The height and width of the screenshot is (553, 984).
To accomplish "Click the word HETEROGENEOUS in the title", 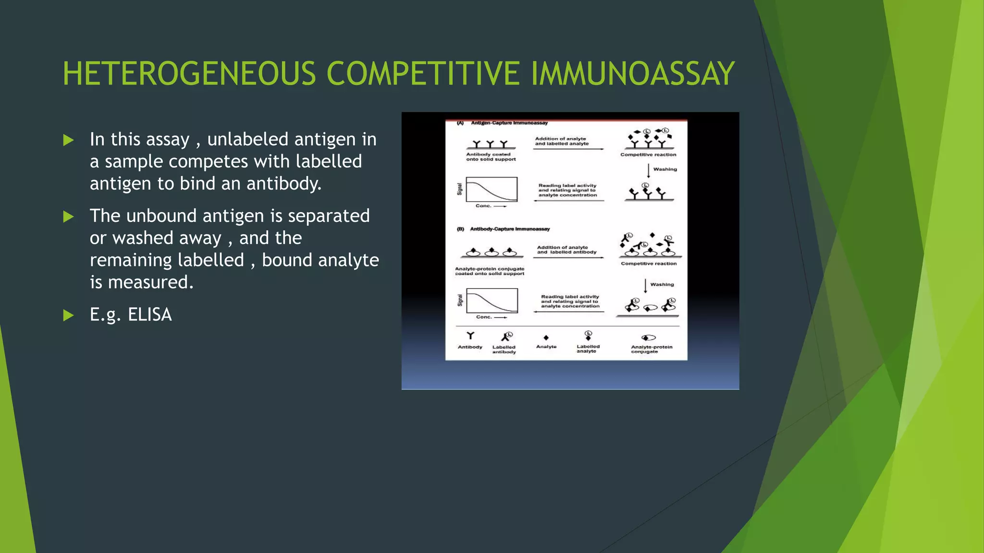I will tap(189, 74).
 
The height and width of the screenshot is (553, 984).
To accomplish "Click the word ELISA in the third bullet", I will tap(149, 315).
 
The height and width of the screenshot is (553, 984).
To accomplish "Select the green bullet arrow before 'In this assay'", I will tap(69, 140).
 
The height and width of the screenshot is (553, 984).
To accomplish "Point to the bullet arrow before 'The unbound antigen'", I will tap(69, 216).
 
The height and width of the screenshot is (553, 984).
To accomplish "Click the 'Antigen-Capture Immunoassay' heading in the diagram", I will tap(509, 123).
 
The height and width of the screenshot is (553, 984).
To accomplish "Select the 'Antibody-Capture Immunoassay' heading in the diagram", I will tap(509, 229).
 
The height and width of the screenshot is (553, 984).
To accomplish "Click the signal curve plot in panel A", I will tap(492, 190).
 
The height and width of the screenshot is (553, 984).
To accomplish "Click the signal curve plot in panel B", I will tap(492, 301).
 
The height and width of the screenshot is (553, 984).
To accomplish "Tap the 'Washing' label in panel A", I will tap(664, 169).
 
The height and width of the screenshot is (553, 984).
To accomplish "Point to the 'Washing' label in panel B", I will tap(662, 284).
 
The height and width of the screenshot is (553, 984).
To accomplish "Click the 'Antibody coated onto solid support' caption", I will tap(491, 157).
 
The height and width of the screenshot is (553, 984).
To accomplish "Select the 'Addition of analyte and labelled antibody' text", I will tap(566, 250).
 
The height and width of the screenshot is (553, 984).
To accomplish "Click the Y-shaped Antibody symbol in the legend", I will tap(470, 336).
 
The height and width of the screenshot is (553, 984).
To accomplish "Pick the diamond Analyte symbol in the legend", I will tap(546, 337).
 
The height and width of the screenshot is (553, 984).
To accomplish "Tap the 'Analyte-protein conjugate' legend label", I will tap(651, 349).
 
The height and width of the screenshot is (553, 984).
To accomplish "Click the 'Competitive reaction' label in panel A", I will tap(648, 155).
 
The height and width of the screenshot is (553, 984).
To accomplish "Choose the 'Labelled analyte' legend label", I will tap(588, 349).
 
